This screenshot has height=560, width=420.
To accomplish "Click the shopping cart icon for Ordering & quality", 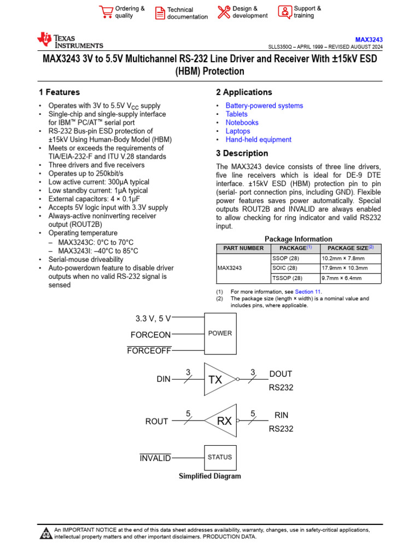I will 106,12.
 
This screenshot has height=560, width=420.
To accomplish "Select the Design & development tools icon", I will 224,12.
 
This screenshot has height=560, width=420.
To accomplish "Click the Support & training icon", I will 285,12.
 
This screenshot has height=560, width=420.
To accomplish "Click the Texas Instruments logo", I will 69,40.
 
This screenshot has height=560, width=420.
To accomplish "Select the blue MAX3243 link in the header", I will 369,40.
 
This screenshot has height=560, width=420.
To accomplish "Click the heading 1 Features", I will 59,92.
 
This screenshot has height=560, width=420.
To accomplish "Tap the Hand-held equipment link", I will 258,139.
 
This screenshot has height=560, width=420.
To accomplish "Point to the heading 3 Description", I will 242,153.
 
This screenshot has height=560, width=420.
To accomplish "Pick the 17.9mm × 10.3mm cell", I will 345,268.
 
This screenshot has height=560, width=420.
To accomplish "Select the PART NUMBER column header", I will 243,248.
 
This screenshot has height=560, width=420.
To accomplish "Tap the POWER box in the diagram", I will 220,333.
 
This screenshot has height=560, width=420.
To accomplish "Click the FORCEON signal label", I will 150,335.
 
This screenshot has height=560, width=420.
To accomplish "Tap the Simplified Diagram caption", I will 210,476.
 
